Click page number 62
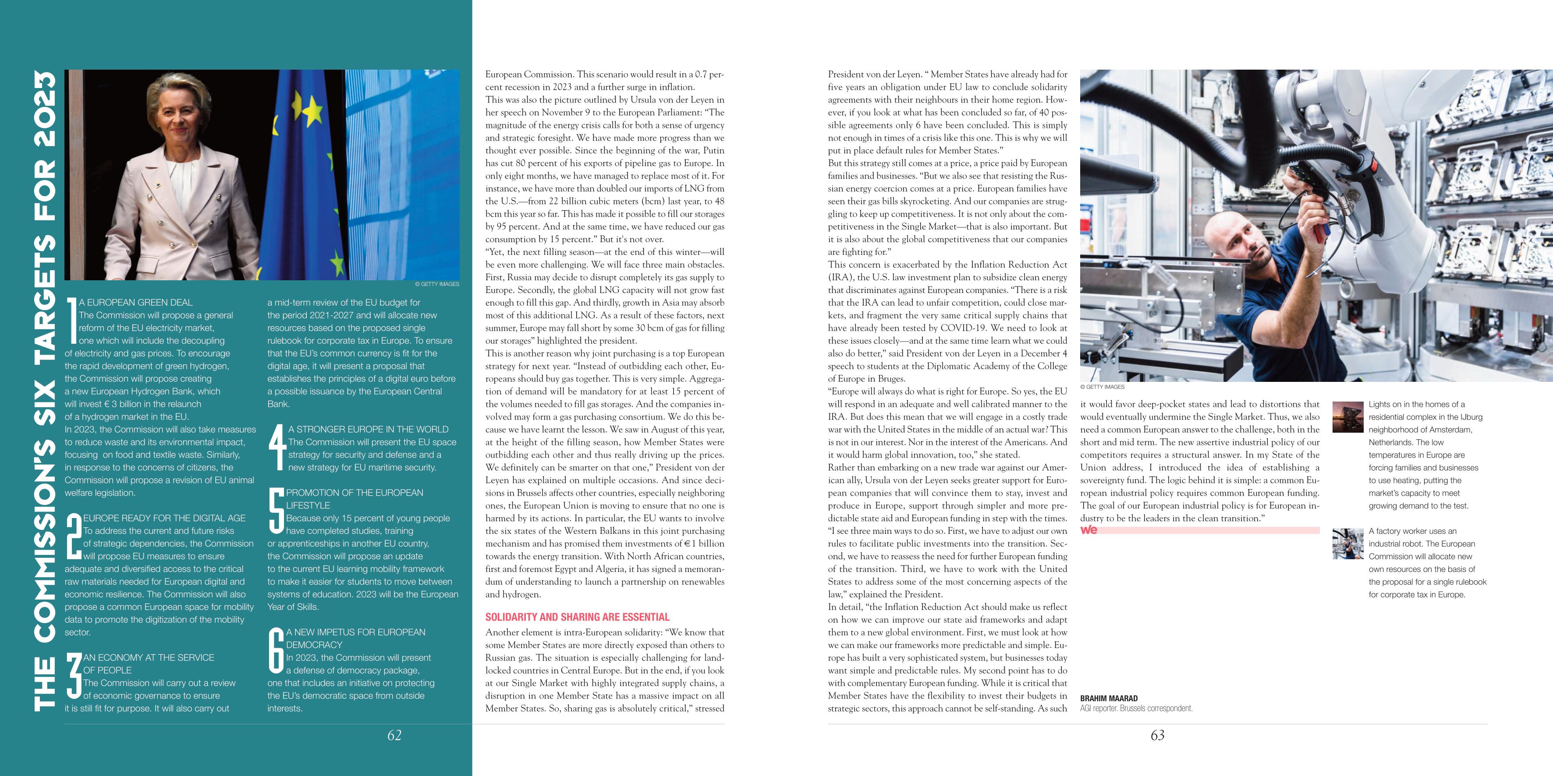394,735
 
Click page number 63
1157,735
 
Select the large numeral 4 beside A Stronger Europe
277,448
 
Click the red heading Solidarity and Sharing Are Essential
577,617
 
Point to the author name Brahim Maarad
1109,698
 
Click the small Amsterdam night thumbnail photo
1347,416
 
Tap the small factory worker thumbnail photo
1347,543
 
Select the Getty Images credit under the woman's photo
437,284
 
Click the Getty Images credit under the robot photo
1102,387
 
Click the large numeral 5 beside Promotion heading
276,511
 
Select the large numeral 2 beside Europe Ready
74,536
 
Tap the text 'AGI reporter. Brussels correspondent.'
1136,709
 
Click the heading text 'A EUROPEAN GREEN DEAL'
136,303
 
